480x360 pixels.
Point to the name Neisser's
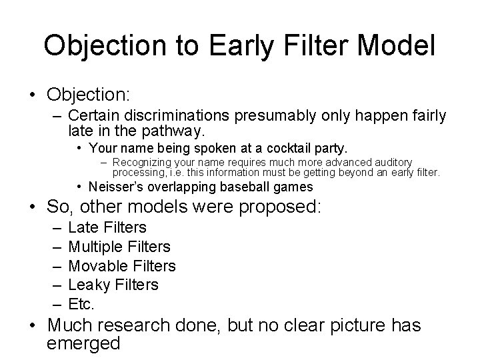point(118,186)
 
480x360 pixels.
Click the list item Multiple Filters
point(119,247)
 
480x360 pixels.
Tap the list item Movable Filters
point(122,266)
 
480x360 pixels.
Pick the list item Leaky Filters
point(113,285)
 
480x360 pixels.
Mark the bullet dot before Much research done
point(34,327)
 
